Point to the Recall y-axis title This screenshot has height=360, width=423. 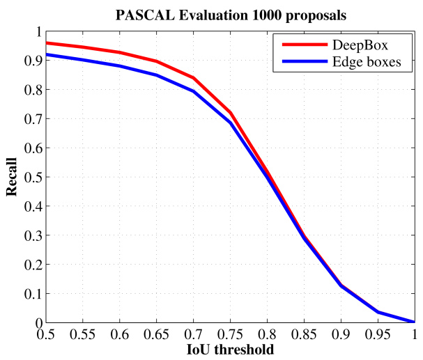pos(12,178)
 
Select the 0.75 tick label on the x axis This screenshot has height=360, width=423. pos(230,334)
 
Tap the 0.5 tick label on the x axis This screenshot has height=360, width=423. pos(45,334)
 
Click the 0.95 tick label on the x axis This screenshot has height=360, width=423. pos(378,334)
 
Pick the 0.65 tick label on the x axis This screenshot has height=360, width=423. pos(156,334)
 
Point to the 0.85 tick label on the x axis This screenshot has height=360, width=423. pos(304,334)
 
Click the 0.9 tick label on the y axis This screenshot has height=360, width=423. pos(29,61)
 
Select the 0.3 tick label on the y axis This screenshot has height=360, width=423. pos(29,235)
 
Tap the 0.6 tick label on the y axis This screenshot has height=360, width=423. pos(29,148)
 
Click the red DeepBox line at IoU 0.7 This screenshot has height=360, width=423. pos(193,78)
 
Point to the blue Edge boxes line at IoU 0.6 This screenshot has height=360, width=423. pos(119,66)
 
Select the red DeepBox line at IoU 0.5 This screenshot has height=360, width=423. pos(46,43)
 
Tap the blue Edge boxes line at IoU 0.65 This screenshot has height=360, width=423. pos(156,75)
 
